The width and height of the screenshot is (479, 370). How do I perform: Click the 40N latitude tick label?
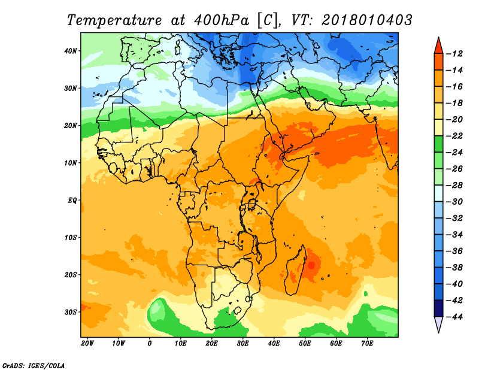point(70,51)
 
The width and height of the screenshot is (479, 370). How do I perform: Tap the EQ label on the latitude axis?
point(72,201)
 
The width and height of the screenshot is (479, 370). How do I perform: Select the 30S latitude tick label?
point(70,313)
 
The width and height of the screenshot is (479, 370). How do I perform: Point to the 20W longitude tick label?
point(87,344)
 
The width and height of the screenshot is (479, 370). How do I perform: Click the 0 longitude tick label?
point(149,344)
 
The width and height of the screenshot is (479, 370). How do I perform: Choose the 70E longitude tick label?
point(367,344)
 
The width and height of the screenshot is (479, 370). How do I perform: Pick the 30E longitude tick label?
point(242,344)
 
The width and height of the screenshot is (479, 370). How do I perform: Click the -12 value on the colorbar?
point(454,54)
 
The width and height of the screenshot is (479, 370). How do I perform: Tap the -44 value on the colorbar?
point(454,317)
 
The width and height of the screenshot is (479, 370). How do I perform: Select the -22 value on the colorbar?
point(454,136)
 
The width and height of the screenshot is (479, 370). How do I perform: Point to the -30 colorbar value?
point(454,202)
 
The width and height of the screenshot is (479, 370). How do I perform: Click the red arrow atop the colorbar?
point(439,46)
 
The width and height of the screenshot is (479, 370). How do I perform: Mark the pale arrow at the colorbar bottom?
point(439,324)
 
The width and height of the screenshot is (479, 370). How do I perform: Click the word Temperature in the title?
point(114,20)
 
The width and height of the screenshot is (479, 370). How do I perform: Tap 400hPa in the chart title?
point(222,20)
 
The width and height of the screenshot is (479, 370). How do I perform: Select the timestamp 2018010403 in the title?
point(367,20)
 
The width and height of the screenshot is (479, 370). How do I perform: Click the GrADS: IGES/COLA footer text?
point(34,365)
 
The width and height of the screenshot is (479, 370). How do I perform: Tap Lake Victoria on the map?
point(252,204)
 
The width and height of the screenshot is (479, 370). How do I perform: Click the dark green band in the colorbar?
point(439,144)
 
